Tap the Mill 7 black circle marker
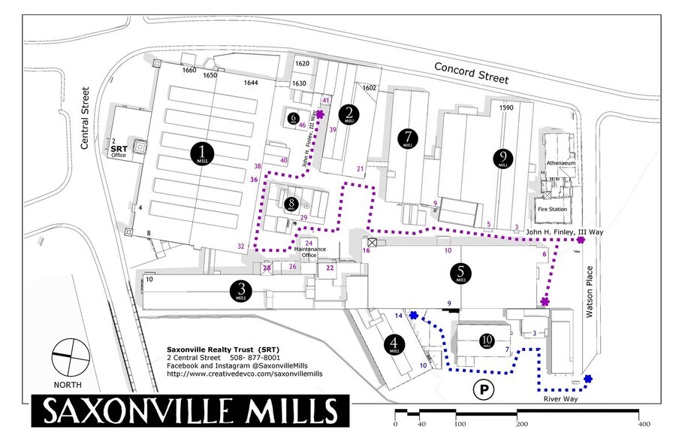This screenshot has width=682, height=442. point(408,139)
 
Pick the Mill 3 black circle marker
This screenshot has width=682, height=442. point(241,290)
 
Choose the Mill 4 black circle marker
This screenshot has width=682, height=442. point(393,345)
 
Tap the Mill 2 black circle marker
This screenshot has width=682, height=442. point(349,114)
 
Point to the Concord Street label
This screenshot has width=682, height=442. point(472,74)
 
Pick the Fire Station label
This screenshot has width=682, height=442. point(551,210)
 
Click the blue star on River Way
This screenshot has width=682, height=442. point(588,379)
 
